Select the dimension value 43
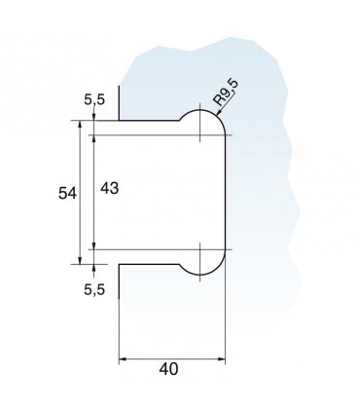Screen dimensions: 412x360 [x=109, y=191]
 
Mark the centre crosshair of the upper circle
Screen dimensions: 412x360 [x=200, y=133]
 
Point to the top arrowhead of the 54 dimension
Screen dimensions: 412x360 [x=76, y=125]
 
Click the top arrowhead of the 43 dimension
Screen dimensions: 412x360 [x=92, y=137]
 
